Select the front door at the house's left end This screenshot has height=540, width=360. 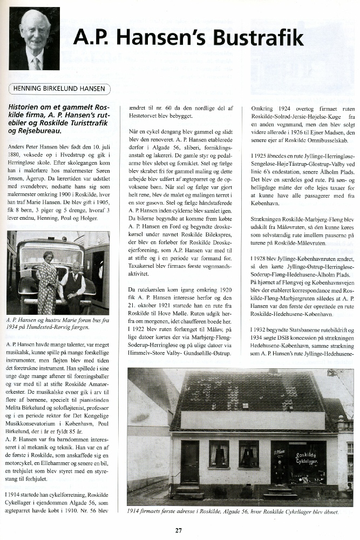[x=189, y=462]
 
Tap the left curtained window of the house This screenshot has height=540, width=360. [x=219, y=454]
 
